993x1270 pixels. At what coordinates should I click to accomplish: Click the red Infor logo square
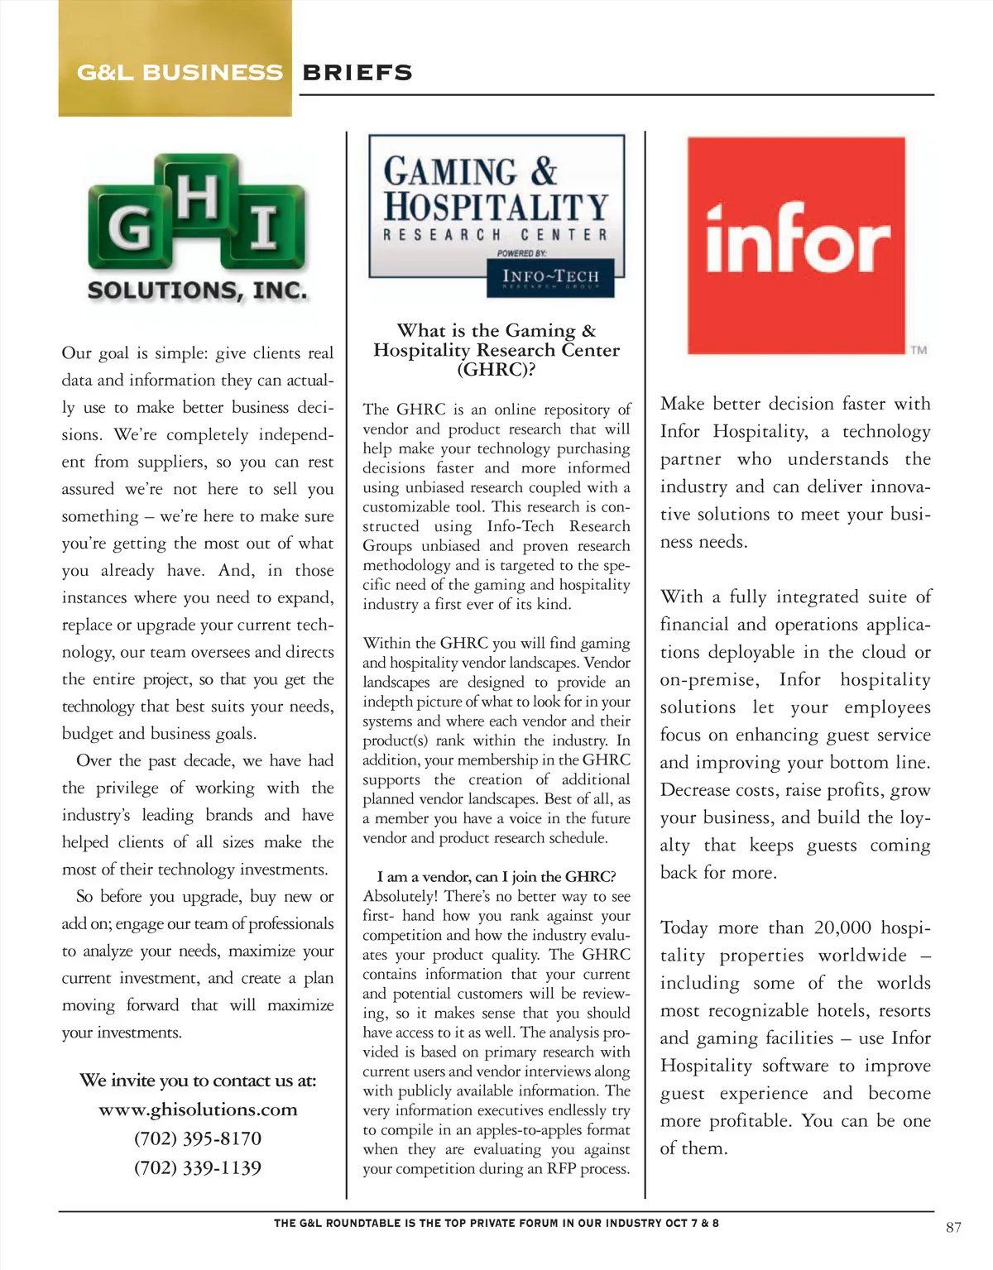(796, 246)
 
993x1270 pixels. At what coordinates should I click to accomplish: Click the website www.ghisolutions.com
(198, 1109)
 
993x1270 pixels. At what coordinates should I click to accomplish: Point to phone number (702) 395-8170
(198, 1138)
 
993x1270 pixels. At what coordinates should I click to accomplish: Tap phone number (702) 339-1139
(198, 1167)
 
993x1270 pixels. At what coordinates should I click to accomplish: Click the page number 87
(953, 1227)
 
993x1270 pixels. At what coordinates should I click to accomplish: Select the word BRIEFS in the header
(357, 73)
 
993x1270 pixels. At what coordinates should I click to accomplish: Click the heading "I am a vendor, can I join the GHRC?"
(496, 876)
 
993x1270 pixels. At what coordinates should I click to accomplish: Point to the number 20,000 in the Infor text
(842, 927)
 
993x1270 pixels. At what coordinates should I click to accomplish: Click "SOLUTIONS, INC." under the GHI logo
(197, 290)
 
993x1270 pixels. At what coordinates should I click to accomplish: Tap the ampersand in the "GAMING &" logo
(544, 171)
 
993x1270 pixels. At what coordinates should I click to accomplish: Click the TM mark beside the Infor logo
(919, 350)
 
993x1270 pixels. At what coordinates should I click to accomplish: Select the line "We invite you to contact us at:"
(198, 1081)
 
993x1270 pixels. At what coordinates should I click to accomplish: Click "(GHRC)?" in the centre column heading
(496, 369)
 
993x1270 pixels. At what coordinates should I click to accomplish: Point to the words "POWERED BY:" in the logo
(521, 253)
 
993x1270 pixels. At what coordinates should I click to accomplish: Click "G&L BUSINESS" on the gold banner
(180, 73)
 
